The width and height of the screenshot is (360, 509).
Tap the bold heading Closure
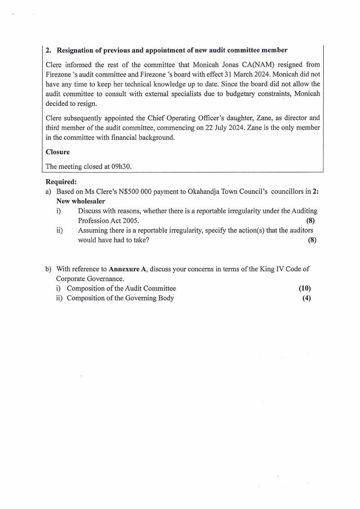click(x=58, y=152)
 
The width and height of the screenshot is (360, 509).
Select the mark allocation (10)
click(x=305, y=288)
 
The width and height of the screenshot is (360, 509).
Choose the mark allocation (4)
click(x=306, y=298)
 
